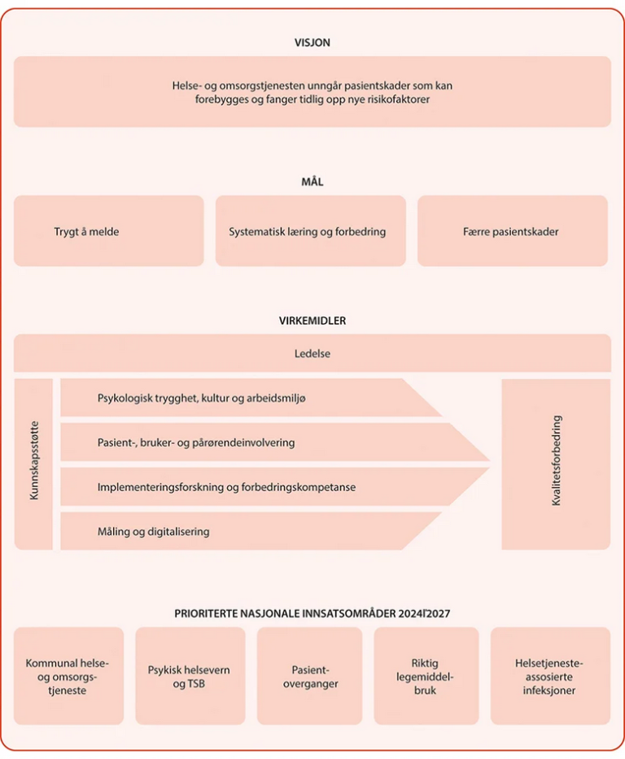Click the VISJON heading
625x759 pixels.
(x=312, y=42)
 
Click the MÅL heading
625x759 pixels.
(x=312, y=182)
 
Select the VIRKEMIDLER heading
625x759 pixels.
(x=312, y=321)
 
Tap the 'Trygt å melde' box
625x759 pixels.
(x=108, y=231)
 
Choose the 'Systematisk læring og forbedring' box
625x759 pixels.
(x=310, y=231)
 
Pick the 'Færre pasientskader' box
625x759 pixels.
(x=512, y=231)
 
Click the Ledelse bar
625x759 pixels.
(x=312, y=353)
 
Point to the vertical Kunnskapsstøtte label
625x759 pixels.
(x=33, y=464)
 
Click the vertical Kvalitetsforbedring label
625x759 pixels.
(x=556, y=464)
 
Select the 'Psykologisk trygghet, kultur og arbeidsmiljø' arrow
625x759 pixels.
(x=244, y=398)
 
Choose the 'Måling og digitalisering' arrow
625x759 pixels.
(x=244, y=531)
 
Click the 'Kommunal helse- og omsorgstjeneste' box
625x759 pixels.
(x=68, y=676)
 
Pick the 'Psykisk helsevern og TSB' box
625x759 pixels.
(x=190, y=676)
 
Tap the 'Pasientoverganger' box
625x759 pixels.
(x=309, y=676)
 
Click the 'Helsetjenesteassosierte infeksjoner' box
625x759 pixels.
(x=550, y=676)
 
